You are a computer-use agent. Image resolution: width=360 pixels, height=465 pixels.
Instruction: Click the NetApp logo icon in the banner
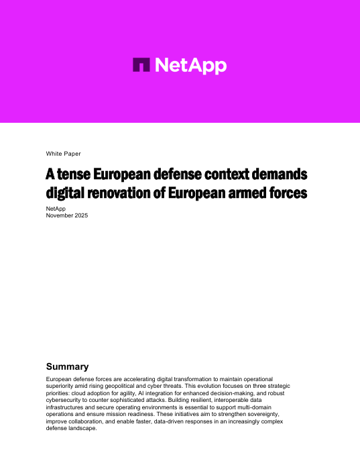[x=142, y=65]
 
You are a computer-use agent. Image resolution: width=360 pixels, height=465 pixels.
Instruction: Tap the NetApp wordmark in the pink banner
[x=191, y=65]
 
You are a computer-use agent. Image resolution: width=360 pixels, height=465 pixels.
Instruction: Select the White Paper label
[x=63, y=154]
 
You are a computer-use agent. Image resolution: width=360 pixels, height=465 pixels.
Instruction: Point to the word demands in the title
[x=278, y=175]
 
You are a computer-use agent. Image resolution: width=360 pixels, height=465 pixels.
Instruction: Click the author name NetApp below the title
[x=56, y=209]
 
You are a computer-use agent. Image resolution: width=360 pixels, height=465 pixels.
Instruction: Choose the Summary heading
[x=67, y=367]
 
